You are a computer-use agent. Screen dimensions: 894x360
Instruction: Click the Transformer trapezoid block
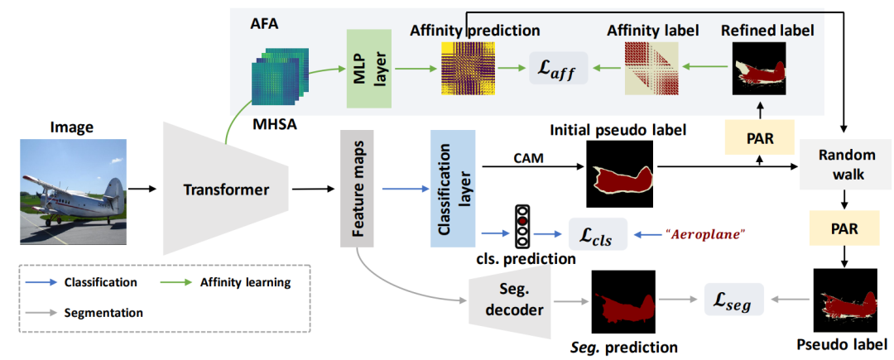pyautogui.click(x=226, y=188)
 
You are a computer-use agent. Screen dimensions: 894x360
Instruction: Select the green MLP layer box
pyautogui.click(x=369, y=69)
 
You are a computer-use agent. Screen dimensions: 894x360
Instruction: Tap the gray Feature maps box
pyautogui.click(x=356, y=189)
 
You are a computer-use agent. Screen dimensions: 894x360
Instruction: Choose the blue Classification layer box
pyautogui.click(x=453, y=189)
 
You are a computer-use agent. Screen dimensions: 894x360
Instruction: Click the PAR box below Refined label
pyautogui.click(x=759, y=137)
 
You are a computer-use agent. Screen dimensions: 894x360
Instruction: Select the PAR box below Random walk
pyautogui.click(x=846, y=229)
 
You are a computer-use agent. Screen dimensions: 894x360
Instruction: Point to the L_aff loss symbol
pyautogui.click(x=558, y=69)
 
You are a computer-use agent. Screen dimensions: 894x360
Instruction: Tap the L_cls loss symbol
pyautogui.click(x=598, y=235)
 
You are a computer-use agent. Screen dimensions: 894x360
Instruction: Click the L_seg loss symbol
pyautogui.click(x=733, y=300)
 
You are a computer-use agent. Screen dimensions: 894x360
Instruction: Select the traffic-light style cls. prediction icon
pyautogui.click(x=521, y=226)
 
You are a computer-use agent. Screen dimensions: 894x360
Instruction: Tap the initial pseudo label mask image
pyautogui.click(x=620, y=173)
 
